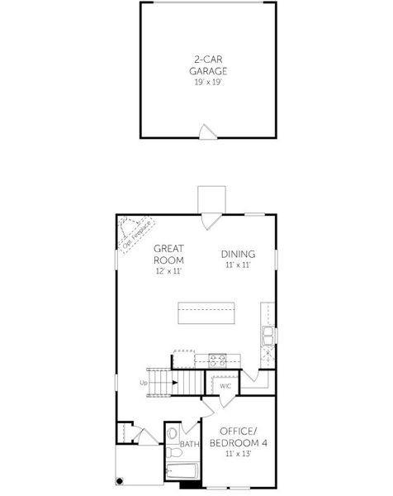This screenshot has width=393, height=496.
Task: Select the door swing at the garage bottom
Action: tap(207, 131)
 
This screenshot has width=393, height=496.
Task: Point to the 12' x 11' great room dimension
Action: tap(168, 270)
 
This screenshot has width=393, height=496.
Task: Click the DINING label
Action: tap(238, 254)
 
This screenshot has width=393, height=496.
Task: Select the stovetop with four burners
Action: tap(218, 359)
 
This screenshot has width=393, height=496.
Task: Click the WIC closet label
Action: tap(224, 386)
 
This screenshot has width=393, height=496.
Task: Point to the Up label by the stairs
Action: tap(144, 383)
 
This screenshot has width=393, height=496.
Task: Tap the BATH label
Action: tap(190, 444)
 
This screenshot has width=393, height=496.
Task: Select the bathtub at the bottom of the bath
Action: tap(181, 472)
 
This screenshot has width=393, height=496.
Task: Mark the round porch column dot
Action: tap(120, 480)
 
